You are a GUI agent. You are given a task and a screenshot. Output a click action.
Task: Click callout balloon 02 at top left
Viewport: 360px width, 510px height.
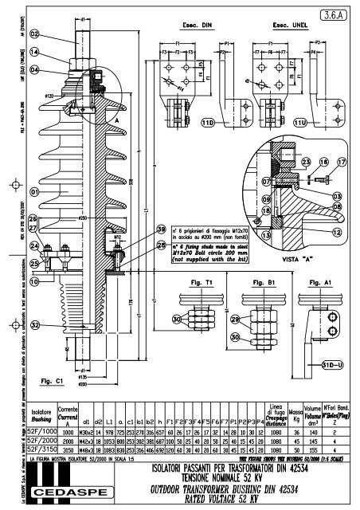pos(35,33)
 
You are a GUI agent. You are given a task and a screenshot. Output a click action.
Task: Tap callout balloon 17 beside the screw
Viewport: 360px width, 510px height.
pos(342,162)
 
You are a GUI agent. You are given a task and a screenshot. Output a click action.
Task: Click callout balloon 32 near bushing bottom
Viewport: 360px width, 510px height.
pos(35,325)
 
